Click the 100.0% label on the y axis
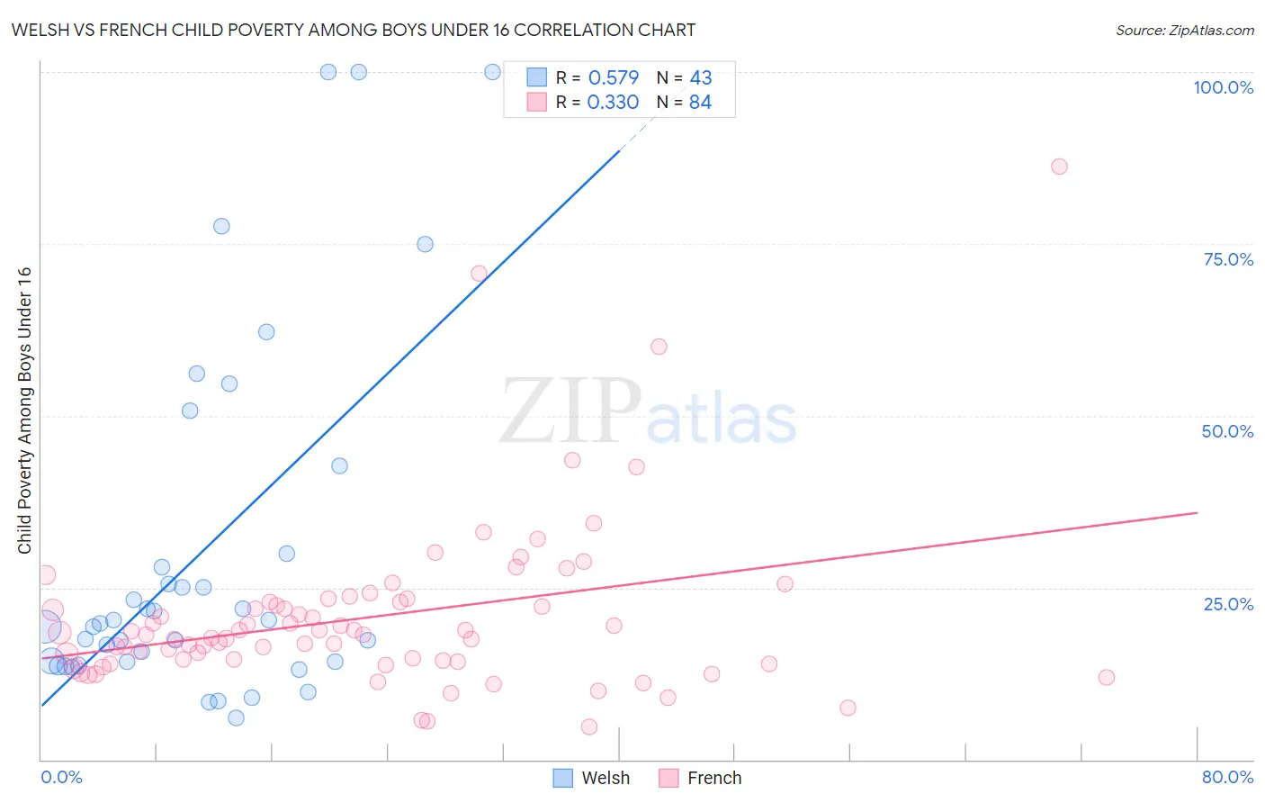pos(1223,87)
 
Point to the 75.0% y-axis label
pos(1228,259)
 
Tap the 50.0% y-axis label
pos(1227,431)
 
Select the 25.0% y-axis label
pos(1228,604)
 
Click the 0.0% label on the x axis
pos(61,777)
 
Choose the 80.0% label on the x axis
pos(1227,777)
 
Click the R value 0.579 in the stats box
pos(614,77)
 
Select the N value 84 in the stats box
pos(700,102)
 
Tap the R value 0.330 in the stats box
pos(613,102)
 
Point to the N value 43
pos(701,77)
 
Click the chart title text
pos(353,30)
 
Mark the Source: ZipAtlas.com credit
pos(1184,30)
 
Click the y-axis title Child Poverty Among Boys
pos(24,411)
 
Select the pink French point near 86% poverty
pos(1059,167)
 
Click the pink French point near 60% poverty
pos(659,347)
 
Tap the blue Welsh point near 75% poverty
pos(425,244)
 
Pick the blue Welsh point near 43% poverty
pos(339,465)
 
